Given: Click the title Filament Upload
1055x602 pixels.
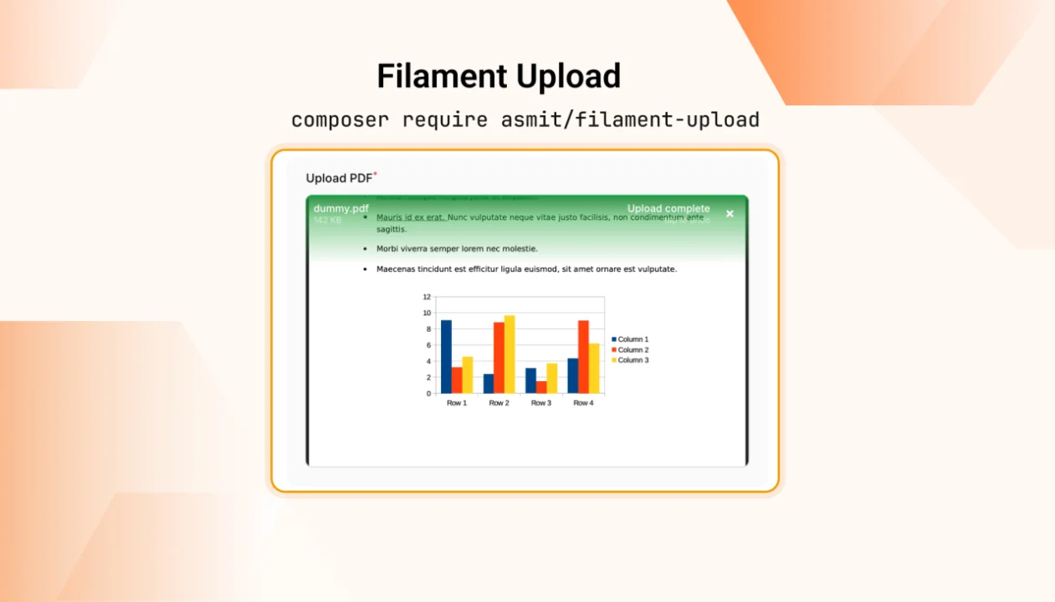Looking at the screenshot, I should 499,76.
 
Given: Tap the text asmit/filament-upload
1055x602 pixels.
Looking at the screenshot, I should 630,120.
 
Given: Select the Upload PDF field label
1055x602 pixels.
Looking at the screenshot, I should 339,178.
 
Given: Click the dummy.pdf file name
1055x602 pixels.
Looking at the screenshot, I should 341,208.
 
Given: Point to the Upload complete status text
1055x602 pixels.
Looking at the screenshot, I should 668,208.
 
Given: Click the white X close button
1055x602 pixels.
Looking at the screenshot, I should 730,214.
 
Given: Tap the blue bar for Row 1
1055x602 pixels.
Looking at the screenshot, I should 446,356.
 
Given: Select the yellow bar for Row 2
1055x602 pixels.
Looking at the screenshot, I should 510,354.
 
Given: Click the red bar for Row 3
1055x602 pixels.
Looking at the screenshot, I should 541,387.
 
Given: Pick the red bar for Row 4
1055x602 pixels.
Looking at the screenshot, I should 583,356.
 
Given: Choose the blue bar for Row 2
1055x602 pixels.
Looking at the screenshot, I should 489,383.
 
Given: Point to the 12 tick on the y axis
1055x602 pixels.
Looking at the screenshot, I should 427,297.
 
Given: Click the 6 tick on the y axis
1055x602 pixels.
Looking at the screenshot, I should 428,345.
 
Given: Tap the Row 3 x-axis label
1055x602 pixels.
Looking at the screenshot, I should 541,403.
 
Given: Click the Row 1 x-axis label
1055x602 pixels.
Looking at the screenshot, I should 457,403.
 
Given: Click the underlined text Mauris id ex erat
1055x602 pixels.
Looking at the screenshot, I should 410,217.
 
